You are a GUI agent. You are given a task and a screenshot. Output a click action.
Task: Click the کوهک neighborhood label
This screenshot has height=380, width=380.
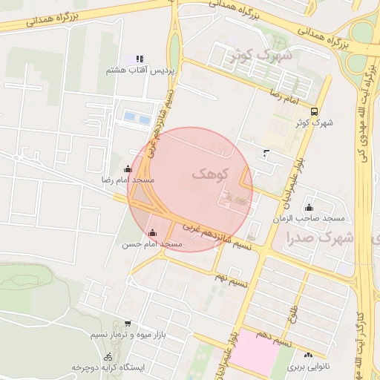212,174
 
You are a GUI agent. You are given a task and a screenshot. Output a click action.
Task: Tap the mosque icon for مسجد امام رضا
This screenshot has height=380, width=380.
128,168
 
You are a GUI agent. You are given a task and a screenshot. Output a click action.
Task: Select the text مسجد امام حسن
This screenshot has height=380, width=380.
153,244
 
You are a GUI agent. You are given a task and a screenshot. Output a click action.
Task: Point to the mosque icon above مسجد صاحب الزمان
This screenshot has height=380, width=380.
309,207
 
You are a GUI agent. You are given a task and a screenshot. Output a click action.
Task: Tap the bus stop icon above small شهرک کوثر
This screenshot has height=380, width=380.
315,111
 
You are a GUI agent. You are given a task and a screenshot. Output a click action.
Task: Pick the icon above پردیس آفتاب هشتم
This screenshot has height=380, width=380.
139,59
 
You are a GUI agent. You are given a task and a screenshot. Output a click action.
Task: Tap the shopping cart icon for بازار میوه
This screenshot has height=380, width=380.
128,324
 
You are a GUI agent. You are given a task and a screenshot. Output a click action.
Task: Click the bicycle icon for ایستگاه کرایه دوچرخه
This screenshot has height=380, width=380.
108,356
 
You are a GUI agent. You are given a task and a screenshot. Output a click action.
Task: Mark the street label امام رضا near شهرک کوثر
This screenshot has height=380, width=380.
283,96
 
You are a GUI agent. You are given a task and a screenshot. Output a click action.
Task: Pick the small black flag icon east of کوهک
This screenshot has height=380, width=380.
267,154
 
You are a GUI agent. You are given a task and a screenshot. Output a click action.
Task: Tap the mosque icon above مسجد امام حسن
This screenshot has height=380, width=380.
153,232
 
